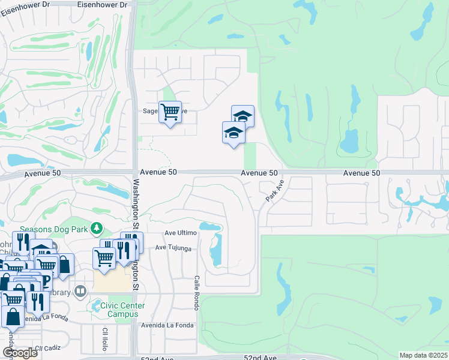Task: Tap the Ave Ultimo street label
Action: (x=181, y=233)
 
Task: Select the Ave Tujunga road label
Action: (x=176, y=247)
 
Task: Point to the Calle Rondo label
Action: (x=196, y=293)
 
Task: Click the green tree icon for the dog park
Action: (x=95, y=228)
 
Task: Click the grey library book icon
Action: (x=81, y=292)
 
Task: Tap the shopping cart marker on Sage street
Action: (x=170, y=112)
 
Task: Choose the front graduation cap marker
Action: (x=234, y=133)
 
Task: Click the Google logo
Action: (x=20, y=353)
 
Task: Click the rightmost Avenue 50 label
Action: (x=362, y=173)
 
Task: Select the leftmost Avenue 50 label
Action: (x=42, y=173)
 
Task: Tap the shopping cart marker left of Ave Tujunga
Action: (x=104, y=258)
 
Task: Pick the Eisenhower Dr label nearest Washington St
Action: (x=103, y=4)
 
